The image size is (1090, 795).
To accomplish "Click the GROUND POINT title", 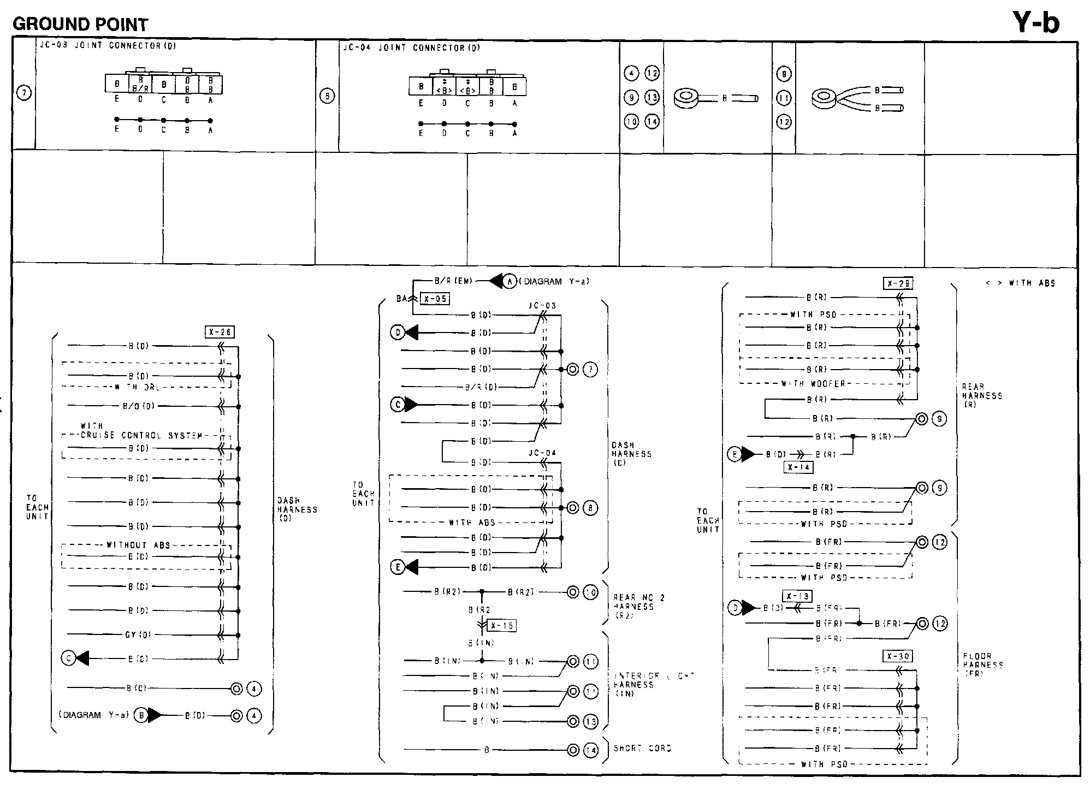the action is tap(80, 25).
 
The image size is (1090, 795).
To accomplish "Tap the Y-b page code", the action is tap(1035, 23).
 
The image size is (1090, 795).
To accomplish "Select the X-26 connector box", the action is tap(220, 332).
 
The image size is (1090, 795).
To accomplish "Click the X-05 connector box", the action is tap(435, 299).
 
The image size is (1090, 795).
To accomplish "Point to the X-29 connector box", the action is tap(898, 284).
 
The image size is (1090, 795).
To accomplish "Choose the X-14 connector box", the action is tap(797, 467).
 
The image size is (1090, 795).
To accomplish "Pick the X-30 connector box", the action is tap(898, 656).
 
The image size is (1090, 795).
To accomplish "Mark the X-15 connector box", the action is tap(501, 626).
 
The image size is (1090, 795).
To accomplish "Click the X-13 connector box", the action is tap(797, 596).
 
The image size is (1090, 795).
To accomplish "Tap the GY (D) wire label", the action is tap(138, 635).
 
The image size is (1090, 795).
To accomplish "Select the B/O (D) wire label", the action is tap(139, 406).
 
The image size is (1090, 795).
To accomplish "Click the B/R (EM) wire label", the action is tap(452, 282).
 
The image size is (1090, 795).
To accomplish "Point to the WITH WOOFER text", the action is tap(813, 384).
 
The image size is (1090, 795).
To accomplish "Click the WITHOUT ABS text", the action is tap(138, 545).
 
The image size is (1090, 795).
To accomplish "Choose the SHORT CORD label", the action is tap(642, 749).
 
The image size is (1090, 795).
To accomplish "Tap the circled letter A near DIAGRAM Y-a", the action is tap(510, 281).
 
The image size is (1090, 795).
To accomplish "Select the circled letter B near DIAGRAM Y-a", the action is tap(141, 715).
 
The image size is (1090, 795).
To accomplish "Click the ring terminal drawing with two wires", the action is tap(825, 98).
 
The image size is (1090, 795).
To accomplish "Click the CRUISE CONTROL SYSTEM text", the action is tap(141, 436).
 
